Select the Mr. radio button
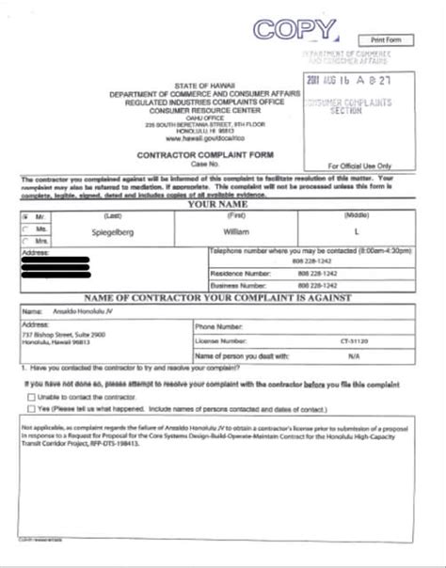click(x=25, y=214)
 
